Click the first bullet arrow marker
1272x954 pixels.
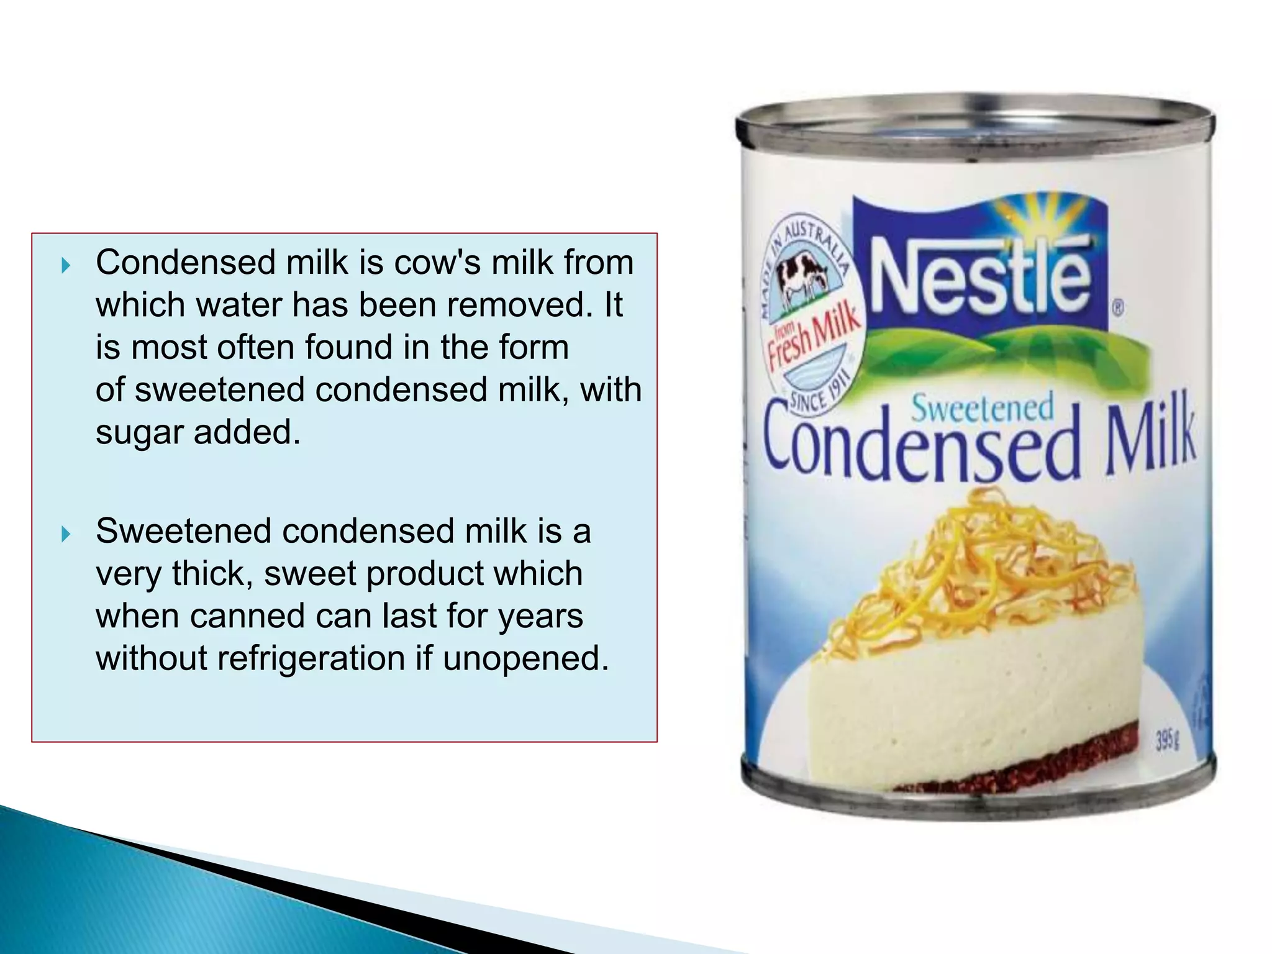pyautogui.click(x=66, y=266)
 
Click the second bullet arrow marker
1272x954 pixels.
pyautogui.click(x=66, y=534)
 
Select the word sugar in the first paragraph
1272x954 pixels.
pyautogui.click(x=139, y=433)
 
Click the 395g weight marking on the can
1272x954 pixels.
pyautogui.click(x=1167, y=740)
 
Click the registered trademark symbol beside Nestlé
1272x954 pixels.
pyautogui.click(x=1117, y=307)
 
